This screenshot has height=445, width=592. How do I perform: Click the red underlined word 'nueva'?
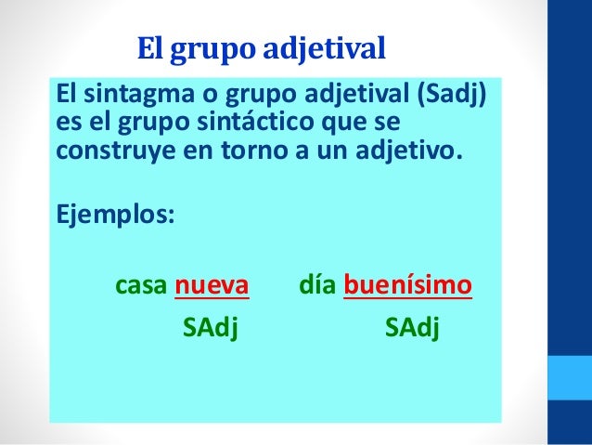[x=212, y=284]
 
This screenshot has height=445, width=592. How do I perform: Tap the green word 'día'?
[x=318, y=284]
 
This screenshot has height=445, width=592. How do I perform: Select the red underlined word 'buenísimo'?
[x=407, y=284]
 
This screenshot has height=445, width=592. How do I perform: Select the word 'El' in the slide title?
[x=150, y=46]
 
